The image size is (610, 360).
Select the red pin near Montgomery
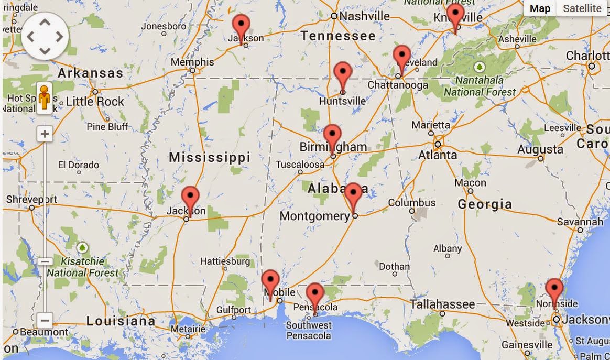point(354,194)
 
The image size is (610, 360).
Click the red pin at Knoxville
point(455,14)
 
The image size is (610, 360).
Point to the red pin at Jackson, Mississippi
point(190,198)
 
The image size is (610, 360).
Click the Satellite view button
point(582,8)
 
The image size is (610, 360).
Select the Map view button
point(540,8)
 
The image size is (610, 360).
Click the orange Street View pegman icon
point(45,98)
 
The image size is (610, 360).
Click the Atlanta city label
point(438,156)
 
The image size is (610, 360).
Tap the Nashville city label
point(364,16)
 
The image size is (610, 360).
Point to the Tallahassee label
point(442,304)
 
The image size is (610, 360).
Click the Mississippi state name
point(210,157)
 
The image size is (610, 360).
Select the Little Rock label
point(95,102)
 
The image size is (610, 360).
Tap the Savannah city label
point(580,222)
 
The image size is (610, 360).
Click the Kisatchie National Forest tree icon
point(82,247)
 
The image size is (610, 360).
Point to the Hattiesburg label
point(225,261)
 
